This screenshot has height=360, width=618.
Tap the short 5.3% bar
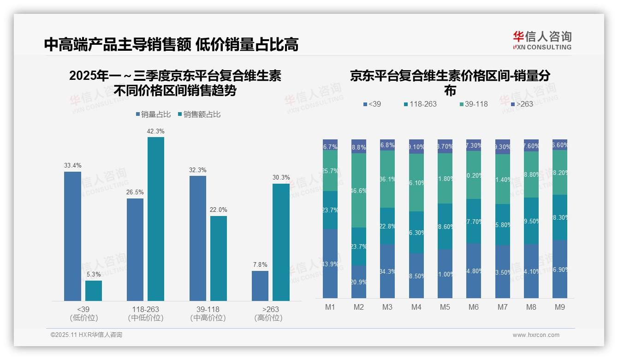pyautogui.click(x=94, y=291)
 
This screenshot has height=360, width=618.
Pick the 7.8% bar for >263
pyautogui.click(x=260, y=286)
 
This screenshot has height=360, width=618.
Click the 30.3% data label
pyautogui.click(x=281, y=177)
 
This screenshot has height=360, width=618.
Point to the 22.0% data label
pyautogui.click(x=219, y=210)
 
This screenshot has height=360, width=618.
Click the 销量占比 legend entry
pyautogui.click(x=154, y=114)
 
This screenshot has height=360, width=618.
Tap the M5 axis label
pyautogui.click(x=445, y=307)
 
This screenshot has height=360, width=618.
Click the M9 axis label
pyautogui.click(x=559, y=307)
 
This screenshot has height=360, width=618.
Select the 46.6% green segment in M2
pyautogui.click(x=359, y=190)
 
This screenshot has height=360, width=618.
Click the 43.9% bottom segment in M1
pyautogui.click(x=330, y=264)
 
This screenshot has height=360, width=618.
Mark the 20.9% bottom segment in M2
pyautogui.click(x=359, y=282)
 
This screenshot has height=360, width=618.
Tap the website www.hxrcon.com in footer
pyautogui.click(x=536, y=335)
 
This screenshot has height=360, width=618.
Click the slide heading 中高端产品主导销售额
pyautogui.click(x=118, y=44)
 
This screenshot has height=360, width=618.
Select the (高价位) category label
pyautogui.click(x=268, y=318)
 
